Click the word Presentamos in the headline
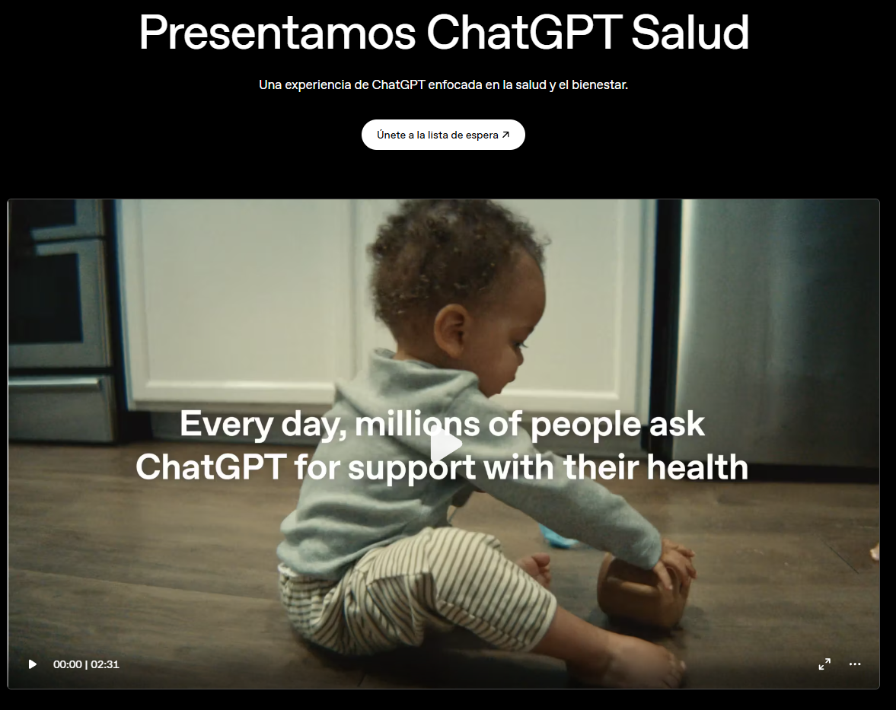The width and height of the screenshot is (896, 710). pyautogui.click(x=276, y=32)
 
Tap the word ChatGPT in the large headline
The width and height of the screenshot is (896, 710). pyautogui.click(x=524, y=32)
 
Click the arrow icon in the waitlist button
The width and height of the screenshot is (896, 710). pyautogui.click(x=505, y=135)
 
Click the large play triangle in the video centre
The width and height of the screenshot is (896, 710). pyautogui.click(x=445, y=446)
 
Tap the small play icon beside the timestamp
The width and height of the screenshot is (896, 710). pyautogui.click(x=33, y=664)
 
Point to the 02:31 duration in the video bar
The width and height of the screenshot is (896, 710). pyautogui.click(x=105, y=664)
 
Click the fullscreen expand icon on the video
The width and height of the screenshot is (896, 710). pyautogui.click(x=824, y=664)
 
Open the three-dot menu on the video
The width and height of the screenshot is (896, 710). pyautogui.click(x=855, y=664)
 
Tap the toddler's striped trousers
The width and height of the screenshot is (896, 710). pyautogui.click(x=411, y=594)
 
